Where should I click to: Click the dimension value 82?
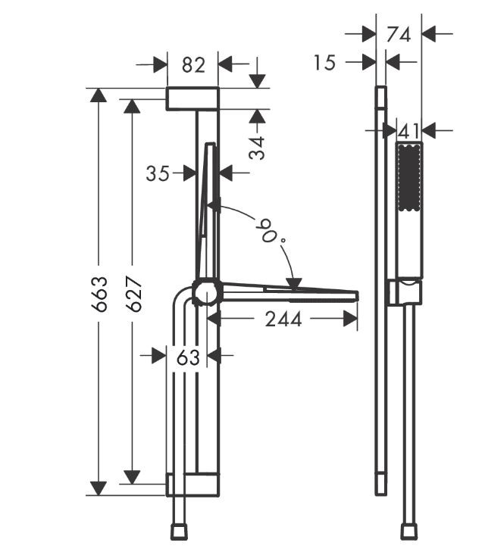pos(193,65)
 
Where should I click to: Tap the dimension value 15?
pos(324,62)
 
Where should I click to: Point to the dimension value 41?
pos(408,131)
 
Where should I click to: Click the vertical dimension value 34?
pos(258,147)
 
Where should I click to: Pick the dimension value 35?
pos(158,173)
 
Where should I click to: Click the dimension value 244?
pos(283,320)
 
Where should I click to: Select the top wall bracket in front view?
pos(192,98)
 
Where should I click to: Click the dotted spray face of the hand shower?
pos(409,181)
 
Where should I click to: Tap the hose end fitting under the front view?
pos(178,533)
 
